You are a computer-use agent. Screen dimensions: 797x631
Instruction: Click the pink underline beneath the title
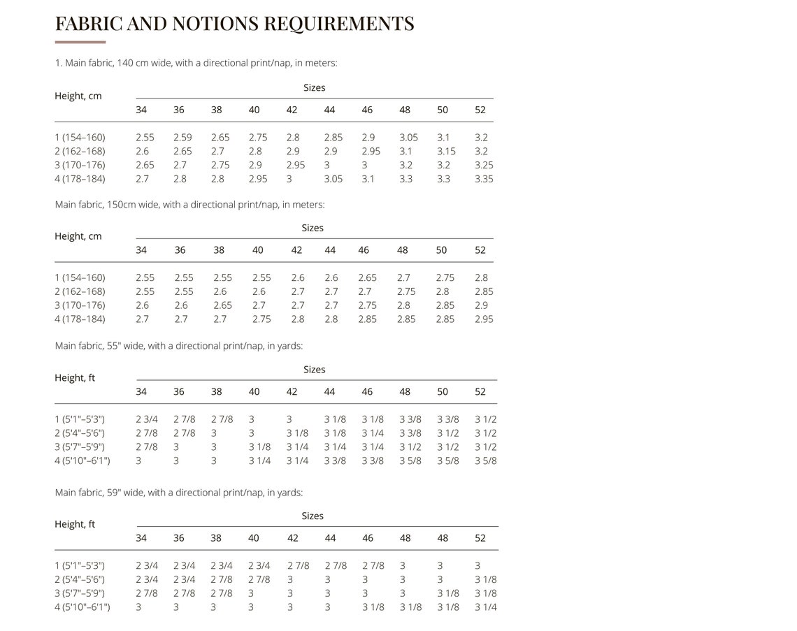(80, 42)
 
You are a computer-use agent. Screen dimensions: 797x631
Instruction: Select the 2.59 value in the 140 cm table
(182, 137)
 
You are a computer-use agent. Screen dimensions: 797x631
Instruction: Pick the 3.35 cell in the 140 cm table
(484, 179)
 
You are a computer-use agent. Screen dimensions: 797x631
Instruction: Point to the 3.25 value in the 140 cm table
(484, 165)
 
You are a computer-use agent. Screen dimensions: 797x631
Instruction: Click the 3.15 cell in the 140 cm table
(446, 152)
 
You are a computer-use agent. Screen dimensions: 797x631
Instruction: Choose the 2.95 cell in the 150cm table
(484, 319)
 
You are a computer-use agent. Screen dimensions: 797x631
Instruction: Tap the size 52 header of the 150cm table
(480, 250)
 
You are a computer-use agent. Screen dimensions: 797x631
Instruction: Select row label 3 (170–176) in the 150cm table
(80, 305)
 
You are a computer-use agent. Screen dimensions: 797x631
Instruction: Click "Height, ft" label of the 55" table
(75, 378)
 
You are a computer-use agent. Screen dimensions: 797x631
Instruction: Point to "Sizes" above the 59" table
(313, 516)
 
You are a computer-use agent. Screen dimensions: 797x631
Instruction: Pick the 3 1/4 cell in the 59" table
(486, 607)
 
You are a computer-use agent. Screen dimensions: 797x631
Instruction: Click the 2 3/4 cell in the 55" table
(147, 419)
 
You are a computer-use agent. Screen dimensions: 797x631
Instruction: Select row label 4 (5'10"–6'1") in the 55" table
(82, 460)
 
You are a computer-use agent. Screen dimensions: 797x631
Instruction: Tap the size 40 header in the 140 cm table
(254, 110)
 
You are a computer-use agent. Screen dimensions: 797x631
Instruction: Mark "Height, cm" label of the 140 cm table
(78, 96)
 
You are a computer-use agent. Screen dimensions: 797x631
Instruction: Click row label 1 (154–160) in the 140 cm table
(80, 137)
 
